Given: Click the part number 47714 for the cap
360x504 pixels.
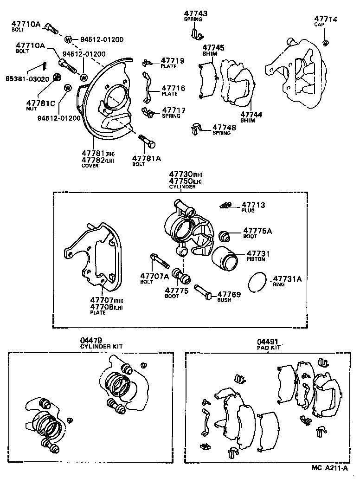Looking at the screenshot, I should [328, 19].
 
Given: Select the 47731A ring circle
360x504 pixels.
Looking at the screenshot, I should [256, 282].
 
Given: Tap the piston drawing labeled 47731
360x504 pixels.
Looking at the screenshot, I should [225, 258].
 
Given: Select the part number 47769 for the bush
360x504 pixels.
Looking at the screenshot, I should [229, 294].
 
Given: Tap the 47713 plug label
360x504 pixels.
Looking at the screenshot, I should [254, 204].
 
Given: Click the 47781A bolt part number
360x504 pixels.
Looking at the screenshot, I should [147, 158].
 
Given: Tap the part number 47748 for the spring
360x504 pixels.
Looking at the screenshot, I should [224, 127].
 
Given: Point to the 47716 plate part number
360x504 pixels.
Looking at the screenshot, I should [173, 88].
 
